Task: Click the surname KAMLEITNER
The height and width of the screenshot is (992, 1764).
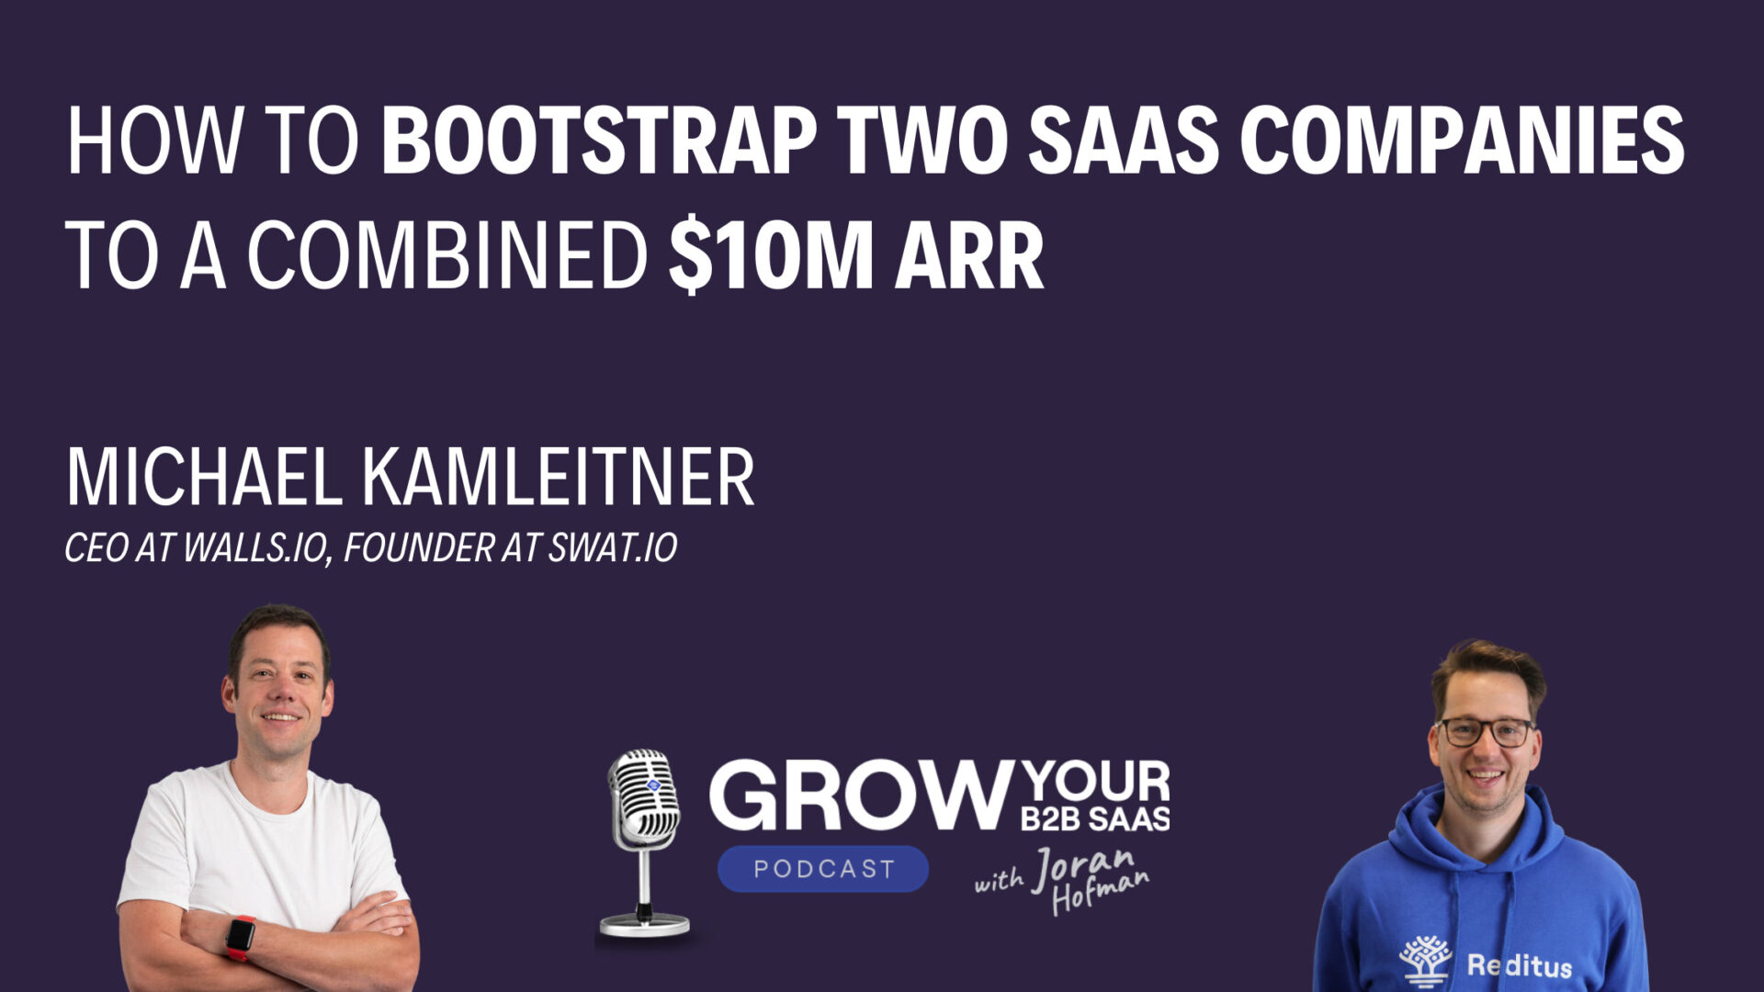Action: point(558,478)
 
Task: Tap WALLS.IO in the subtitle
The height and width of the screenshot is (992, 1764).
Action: point(255,548)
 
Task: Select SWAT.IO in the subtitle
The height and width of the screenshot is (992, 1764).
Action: point(613,548)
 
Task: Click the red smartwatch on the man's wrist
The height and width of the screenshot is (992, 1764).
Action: point(241,937)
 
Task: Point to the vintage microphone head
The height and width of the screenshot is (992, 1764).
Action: point(645,795)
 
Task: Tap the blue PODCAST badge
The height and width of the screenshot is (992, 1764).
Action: point(823,869)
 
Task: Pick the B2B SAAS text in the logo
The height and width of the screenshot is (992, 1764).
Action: point(1095,818)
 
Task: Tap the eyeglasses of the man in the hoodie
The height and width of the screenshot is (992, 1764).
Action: point(1485,732)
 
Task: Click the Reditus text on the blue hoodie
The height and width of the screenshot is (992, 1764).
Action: point(1519,965)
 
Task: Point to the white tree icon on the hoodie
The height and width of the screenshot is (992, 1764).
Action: point(1425,961)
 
